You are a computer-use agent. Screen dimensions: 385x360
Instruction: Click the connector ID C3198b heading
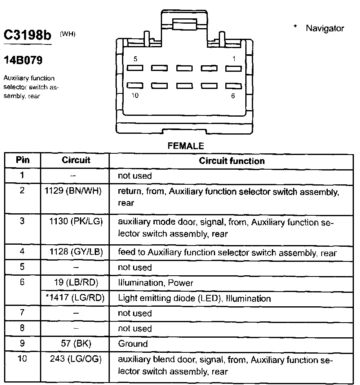click(x=28, y=35)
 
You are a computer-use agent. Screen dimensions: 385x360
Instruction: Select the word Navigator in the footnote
click(x=325, y=28)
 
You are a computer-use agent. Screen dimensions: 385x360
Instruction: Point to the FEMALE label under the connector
click(x=186, y=146)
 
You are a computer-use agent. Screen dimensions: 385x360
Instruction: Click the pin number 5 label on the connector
click(x=136, y=59)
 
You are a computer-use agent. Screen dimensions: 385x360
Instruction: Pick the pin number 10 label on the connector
click(x=135, y=95)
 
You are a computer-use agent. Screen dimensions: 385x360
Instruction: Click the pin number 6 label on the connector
click(x=233, y=96)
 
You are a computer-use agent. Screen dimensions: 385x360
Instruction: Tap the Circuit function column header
click(x=231, y=161)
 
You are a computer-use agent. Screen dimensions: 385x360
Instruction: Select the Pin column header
click(x=22, y=160)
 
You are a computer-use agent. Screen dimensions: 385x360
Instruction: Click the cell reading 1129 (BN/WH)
click(x=76, y=191)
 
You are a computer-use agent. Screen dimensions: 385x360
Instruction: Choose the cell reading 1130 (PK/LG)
click(x=76, y=222)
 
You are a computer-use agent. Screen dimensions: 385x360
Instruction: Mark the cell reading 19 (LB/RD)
click(x=76, y=283)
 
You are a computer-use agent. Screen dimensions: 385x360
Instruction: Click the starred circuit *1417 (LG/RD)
click(x=76, y=298)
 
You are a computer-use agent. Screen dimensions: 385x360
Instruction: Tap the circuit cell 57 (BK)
click(x=76, y=343)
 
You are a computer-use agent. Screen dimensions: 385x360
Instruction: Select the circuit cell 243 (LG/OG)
click(x=76, y=360)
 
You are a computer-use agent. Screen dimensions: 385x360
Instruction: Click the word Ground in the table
click(x=133, y=343)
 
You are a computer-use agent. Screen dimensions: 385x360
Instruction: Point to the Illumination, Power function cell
click(x=156, y=283)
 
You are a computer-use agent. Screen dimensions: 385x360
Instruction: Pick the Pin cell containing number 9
click(x=22, y=343)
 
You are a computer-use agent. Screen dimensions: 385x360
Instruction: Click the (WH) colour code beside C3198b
click(x=67, y=34)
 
